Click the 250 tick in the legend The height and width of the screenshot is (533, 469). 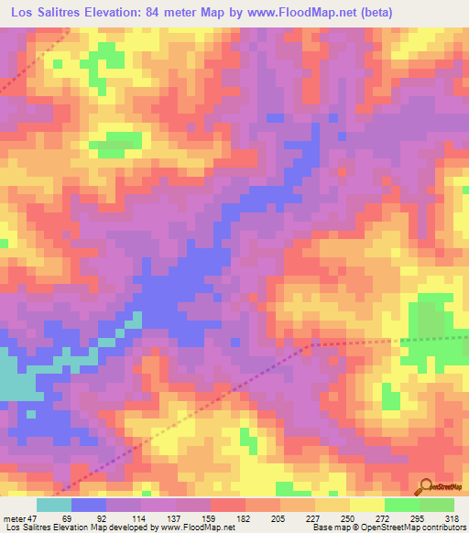pyautogui.click(x=351, y=517)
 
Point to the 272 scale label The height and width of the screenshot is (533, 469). pyautogui.click(x=385, y=517)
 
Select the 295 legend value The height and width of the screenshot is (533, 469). pyautogui.click(x=420, y=517)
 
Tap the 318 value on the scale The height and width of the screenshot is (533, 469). pyautogui.click(x=453, y=517)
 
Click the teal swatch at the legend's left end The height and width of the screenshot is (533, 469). pyautogui.click(x=54, y=505)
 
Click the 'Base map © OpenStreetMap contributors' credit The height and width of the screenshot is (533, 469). pyautogui.click(x=384, y=528)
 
